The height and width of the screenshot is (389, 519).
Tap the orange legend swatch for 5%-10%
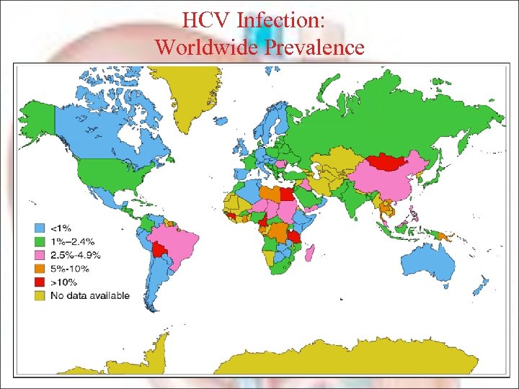pos(40,269)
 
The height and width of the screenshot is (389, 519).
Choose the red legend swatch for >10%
pos(40,282)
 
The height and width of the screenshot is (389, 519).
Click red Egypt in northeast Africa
pos(286,194)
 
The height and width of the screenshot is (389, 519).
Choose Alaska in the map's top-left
pos(36,119)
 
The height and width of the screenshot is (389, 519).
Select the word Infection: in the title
pos(284,19)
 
